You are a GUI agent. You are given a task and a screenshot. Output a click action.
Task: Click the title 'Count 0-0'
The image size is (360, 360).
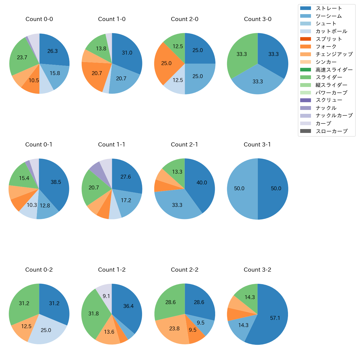pyautogui.click(x=39, y=19)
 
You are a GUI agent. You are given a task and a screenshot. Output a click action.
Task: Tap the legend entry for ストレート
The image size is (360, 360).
pyautogui.click(x=329, y=8)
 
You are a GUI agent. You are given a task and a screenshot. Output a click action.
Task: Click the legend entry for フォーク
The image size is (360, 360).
pyautogui.click(x=326, y=47)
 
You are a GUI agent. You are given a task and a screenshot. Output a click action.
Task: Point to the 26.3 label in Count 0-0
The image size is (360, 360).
pyautogui.click(x=53, y=51)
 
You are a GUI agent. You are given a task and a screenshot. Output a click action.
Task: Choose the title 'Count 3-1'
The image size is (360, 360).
pyautogui.click(x=257, y=145)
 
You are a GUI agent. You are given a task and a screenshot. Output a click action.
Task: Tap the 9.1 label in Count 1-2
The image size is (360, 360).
pyautogui.click(x=106, y=296)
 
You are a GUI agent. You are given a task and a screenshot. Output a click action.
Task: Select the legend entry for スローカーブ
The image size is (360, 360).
pyautogui.click(x=331, y=131)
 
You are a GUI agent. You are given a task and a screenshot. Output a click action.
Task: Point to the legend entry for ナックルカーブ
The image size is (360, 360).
pyautogui.click(x=334, y=116)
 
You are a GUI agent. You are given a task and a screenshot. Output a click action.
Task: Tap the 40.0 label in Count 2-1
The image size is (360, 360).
pyautogui.click(x=202, y=183)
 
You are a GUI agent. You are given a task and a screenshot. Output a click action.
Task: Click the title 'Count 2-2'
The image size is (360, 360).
pyautogui.click(x=185, y=270)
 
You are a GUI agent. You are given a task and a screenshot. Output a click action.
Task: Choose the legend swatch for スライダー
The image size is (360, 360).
pyautogui.click(x=305, y=77)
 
